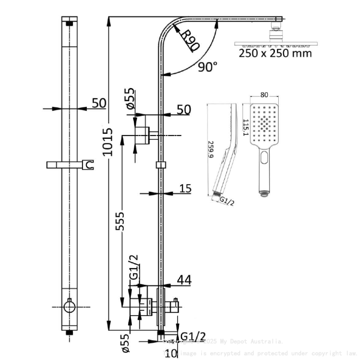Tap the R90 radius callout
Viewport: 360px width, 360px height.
click(187, 39)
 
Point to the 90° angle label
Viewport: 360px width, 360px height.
click(208, 66)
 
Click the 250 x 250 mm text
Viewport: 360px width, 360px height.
click(275, 53)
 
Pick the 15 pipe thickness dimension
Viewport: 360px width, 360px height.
click(185, 188)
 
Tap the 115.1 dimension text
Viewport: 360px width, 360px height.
click(245, 127)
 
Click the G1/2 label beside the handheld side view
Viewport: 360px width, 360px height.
click(228, 202)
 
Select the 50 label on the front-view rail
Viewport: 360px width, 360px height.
click(99, 103)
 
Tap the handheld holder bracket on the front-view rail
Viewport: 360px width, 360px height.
click(70, 164)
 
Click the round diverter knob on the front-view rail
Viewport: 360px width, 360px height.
click(69, 306)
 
